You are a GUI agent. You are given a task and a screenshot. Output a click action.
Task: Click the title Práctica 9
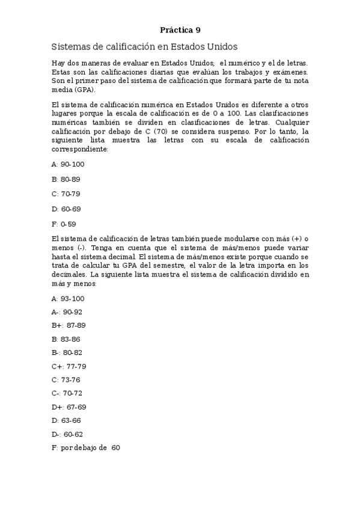[x=180, y=29]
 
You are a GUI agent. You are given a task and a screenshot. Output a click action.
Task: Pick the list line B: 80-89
[x=66, y=179]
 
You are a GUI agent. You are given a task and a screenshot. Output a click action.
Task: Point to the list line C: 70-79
[x=66, y=194]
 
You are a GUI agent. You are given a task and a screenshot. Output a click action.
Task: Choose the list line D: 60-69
[x=66, y=209]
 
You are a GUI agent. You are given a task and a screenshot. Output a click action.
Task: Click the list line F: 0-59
[x=64, y=224]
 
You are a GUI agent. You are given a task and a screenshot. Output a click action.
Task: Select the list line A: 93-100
[x=68, y=298]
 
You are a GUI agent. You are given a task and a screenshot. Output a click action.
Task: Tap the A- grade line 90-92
[x=67, y=312]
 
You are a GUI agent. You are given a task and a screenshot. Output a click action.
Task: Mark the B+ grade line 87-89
[x=69, y=325]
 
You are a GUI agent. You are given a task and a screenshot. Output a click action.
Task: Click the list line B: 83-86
[x=66, y=339]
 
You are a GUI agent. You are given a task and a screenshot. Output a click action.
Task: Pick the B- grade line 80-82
[x=67, y=352]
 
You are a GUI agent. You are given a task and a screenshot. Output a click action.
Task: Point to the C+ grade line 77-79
[x=69, y=366]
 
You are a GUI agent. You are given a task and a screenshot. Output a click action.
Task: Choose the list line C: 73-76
[x=66, y=379]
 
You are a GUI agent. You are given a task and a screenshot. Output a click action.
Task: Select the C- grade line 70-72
[x=67, y=393]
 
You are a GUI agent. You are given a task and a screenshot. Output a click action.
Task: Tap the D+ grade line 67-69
[x=69, y=407]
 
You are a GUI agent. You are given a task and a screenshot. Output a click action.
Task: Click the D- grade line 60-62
[x=67, y=434]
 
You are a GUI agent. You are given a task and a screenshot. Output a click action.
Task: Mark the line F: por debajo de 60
[x=86, y=448]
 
